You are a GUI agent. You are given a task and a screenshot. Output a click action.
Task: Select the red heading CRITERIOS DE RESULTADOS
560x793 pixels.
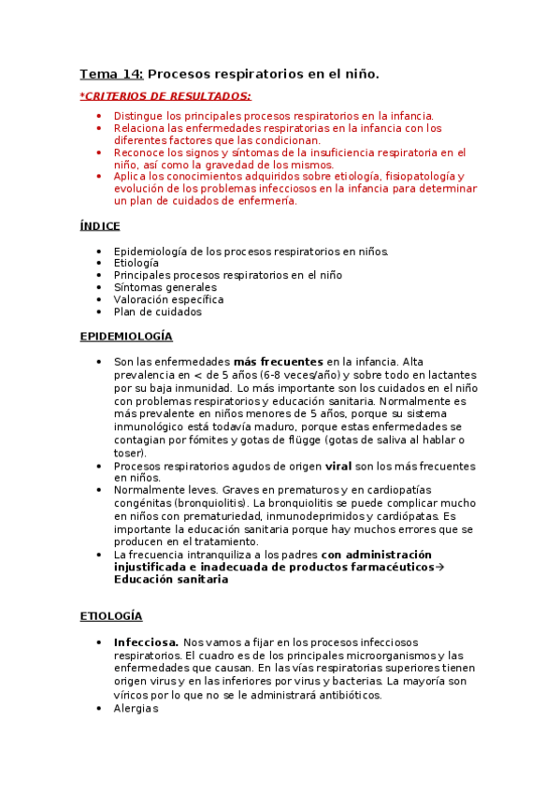tap(166, 95)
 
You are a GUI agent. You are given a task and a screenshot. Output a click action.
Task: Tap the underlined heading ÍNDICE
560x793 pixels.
tap(99, 225)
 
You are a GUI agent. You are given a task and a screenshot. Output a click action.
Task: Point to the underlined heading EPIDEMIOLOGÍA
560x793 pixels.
tap(126, 337)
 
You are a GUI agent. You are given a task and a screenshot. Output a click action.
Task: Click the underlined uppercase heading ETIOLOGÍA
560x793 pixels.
tap(110, 616)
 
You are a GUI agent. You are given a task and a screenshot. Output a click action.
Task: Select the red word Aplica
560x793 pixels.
tap(131, 176)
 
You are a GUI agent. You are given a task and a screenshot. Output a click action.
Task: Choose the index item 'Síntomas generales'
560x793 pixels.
tap(165, 287)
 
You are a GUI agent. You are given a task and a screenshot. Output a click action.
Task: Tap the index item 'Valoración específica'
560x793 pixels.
tap(168, 299)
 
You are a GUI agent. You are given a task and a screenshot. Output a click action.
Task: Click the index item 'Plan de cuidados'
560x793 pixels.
tap(157, 311)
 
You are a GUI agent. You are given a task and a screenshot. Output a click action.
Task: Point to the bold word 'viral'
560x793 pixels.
tap(338, 466)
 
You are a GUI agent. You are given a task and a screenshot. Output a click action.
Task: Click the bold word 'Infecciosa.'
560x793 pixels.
tap(146, 642)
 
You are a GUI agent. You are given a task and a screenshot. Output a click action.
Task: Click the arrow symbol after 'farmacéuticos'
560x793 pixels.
tap(440, 567)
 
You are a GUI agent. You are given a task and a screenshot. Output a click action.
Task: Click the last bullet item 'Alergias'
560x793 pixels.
tap(136, 708)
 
